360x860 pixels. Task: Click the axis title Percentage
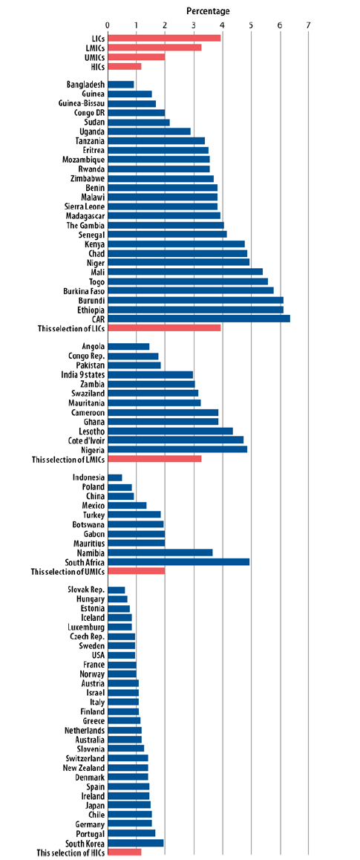point(209,11)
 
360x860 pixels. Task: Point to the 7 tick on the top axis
point(309,25)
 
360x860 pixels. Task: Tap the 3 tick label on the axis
point(194,25)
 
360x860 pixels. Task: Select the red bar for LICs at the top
point(164,38)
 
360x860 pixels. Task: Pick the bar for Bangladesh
point(121,85)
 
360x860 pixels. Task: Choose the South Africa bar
point(179,562)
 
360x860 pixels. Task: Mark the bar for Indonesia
point(115,478)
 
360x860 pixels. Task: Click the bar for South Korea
point(136,843)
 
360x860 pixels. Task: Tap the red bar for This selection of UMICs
point(137,572)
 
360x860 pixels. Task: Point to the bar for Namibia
point(160,553)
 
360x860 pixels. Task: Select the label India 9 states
point(83,374)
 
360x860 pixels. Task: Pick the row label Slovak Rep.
point(87,590)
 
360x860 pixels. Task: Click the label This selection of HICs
point(71,853)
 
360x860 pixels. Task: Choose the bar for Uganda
point(149,131)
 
